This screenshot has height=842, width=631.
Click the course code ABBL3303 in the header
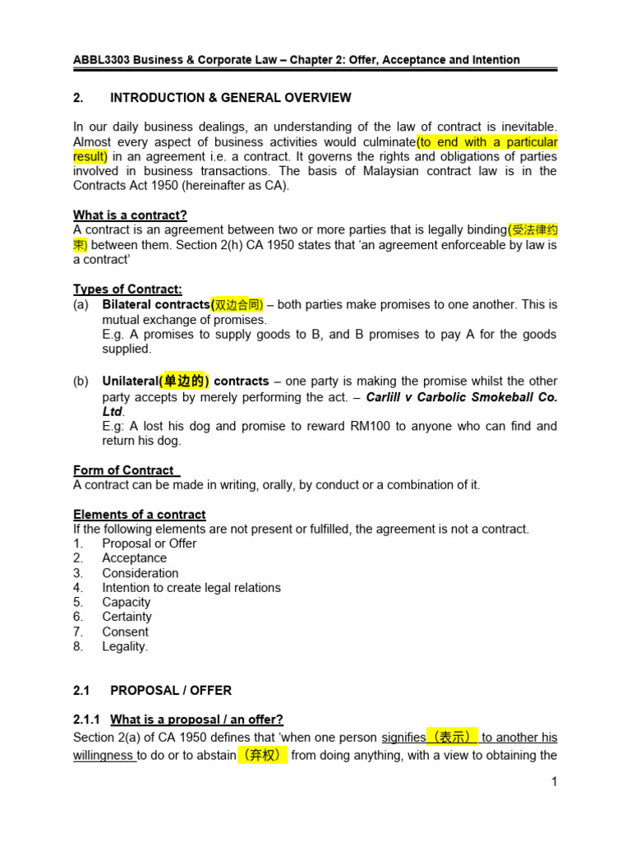pos(103,60)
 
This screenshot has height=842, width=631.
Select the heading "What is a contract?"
pos(130,215)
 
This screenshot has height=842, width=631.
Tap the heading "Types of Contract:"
pos(127,289)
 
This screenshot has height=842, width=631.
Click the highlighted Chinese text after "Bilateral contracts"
pos(238,305)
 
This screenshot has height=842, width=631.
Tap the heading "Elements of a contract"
pos(140,515)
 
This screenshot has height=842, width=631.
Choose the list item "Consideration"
pos(140,573)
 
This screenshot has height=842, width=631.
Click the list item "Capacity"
pos(126,603)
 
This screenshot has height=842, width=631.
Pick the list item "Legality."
pos(125,646)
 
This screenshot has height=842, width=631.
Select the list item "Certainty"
pos(127,617)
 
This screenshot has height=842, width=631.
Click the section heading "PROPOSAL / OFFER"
pos(171,691)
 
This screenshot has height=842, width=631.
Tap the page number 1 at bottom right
pos(555,782)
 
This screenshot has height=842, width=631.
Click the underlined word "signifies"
pos(403,738)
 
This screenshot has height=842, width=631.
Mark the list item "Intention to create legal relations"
pos(191,588)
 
